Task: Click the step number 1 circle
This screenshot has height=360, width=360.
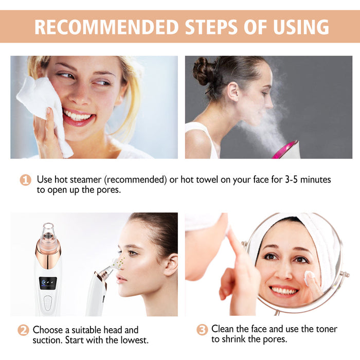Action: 25,180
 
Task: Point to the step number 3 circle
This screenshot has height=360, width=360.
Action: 202,330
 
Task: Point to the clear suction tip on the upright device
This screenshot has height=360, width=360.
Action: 48,232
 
